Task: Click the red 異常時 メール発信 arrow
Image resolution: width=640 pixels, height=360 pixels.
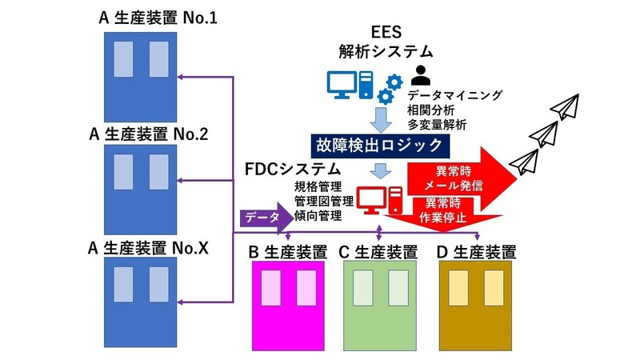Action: point(456,175)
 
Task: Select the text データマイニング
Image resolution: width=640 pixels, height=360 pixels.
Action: point(464,95)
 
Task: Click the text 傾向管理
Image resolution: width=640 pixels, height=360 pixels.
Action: point(318,214)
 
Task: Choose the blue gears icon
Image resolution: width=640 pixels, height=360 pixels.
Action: point(390,88)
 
